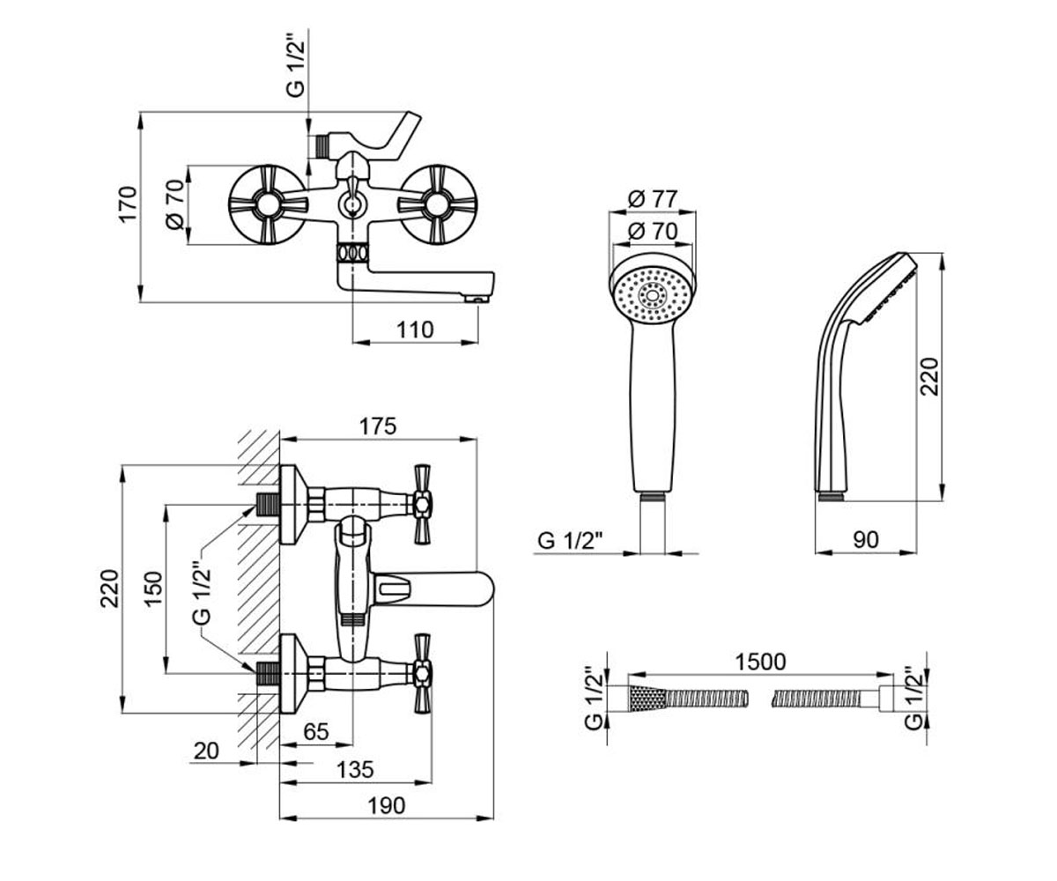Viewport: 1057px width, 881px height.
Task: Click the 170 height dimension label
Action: (129, 204)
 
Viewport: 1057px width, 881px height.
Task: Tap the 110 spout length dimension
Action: (415, 330)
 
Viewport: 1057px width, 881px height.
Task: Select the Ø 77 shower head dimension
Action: (652, 199)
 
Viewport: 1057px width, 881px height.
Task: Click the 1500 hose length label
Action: (760, 662)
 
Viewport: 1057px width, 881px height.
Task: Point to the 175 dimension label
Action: (378, 426)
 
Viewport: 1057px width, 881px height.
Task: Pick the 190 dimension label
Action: (387, 805)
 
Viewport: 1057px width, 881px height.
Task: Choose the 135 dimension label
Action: (355, 770)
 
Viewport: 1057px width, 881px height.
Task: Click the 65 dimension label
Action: (316, 731)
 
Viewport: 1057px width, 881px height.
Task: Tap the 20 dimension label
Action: (206, 751)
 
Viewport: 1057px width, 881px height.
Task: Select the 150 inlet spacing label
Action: (153, 589)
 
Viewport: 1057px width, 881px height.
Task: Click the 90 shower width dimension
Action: (866, 540)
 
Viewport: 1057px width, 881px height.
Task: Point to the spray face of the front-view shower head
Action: (652, 295)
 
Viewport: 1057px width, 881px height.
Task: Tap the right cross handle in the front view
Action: (436, 205)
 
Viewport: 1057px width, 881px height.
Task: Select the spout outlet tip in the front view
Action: (477, 300)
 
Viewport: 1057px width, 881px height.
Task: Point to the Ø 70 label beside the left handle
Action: (175, 204)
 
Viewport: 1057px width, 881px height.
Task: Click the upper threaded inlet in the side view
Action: (268, 504)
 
